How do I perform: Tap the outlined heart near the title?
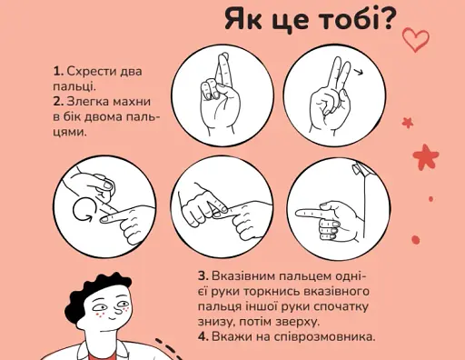[x=415, y=39]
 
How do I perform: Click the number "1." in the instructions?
[x=58, y=71]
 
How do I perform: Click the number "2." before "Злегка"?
[x=59, y=101]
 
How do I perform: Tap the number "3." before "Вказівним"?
[x=203, y=275]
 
